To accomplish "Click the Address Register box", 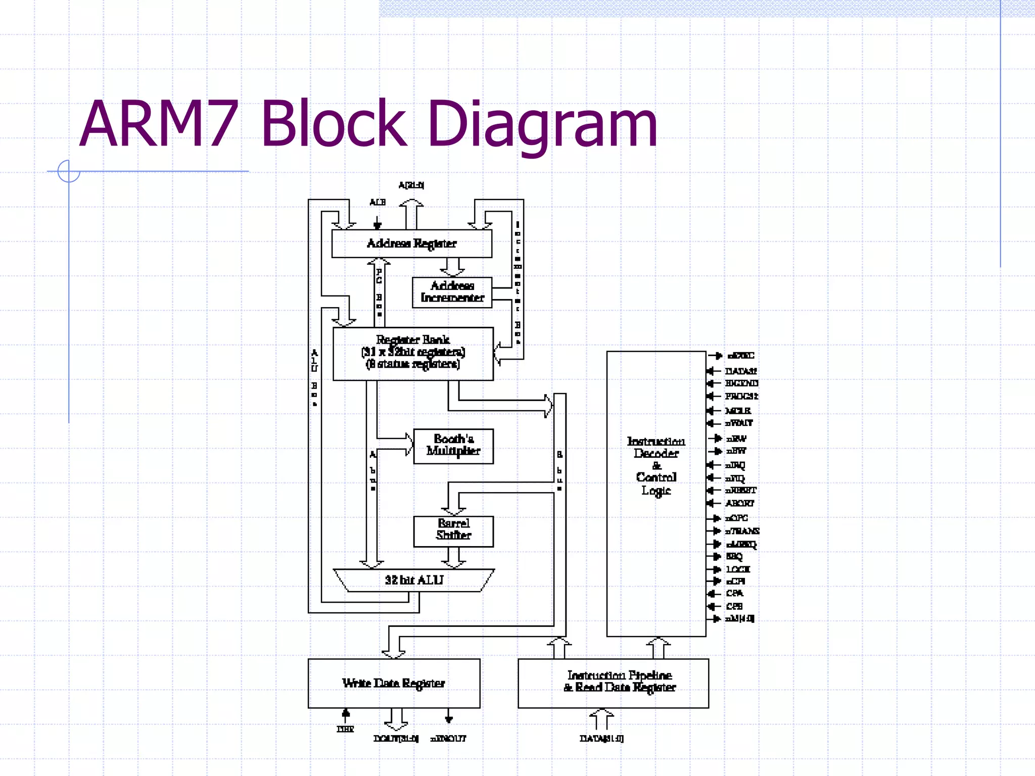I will (x=411, y=244).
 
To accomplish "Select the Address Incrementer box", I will (x=452, y=292).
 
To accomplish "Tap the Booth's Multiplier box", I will (x=453, y=446).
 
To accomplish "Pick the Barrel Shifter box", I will (x=453, y=530).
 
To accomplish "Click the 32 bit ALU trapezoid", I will (x=413, y=580).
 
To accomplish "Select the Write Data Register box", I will (x=394, y=683).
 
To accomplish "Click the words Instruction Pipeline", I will (x=620, y=675).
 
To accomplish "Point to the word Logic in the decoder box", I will (x=656, y=491).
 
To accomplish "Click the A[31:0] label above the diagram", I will (x=411, y=185).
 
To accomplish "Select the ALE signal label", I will (x=377, y=202).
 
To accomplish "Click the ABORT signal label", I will (x=739, y=503).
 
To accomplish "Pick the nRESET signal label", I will (x=741, y=490).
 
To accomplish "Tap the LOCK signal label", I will (x=738, y=569).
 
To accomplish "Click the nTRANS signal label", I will (x=742, y=531).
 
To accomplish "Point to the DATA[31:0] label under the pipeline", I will (x=601, y=739).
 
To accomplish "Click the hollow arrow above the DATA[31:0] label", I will (x=601, y=718).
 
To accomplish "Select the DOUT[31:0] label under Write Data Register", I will (x=396, y=739).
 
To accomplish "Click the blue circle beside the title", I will (x=68, y=171).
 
